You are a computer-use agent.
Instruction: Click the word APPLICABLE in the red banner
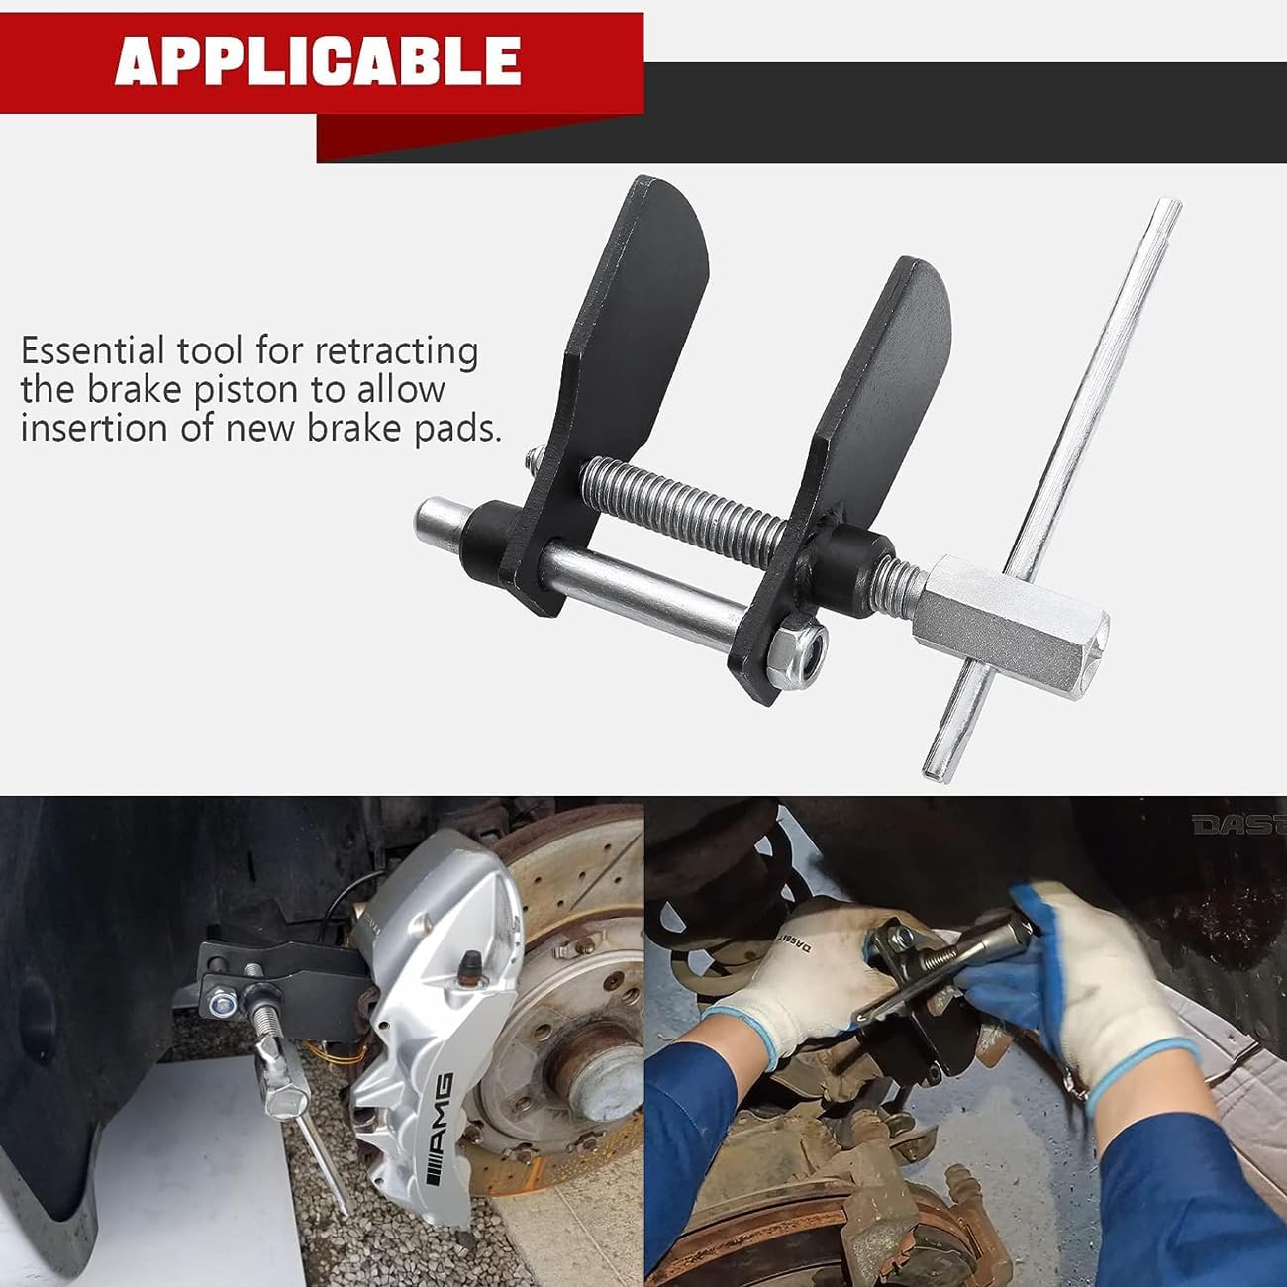[318, 60]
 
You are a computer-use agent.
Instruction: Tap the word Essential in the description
[92, 351]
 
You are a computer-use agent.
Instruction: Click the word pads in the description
[454, 429]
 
